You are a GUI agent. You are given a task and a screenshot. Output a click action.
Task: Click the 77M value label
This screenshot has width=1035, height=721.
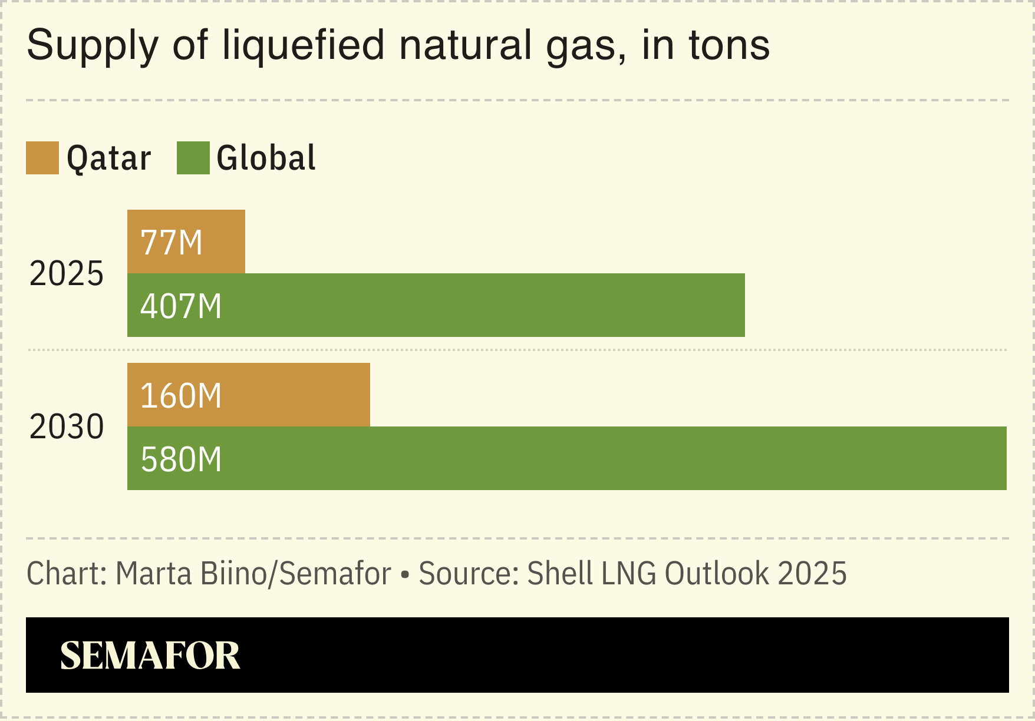click(x=172, y=243)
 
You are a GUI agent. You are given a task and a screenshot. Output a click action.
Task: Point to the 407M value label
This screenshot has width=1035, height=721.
click(x=181, y=306)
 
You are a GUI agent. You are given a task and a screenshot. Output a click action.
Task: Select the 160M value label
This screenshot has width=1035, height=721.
click(x=181, y=396)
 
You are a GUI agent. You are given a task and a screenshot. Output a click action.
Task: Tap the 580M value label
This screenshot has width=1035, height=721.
click(x=181, y=459)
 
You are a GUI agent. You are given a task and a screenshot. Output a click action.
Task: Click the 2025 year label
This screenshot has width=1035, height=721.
click(x=67, y=274)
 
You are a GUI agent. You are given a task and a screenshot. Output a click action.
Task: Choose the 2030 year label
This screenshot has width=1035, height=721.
click(x=67, y=426)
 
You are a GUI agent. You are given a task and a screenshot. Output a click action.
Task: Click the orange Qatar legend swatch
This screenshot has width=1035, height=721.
click(x=42, y=158)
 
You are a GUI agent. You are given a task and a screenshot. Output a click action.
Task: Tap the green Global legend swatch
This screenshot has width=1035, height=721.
click(x=193, y=158)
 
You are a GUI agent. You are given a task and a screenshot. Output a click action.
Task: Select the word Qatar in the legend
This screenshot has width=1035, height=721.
click(x=109, y=158)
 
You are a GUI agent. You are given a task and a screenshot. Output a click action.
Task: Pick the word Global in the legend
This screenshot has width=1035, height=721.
click(x=266, y=158)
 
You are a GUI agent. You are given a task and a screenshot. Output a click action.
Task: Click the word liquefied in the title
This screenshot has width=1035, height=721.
click(x=303, y=45)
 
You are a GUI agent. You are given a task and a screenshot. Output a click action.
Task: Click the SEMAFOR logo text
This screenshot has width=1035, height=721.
click(x=150, y=655)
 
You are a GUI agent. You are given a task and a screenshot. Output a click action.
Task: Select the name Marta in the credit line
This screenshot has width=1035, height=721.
click(x=154, y=573)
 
